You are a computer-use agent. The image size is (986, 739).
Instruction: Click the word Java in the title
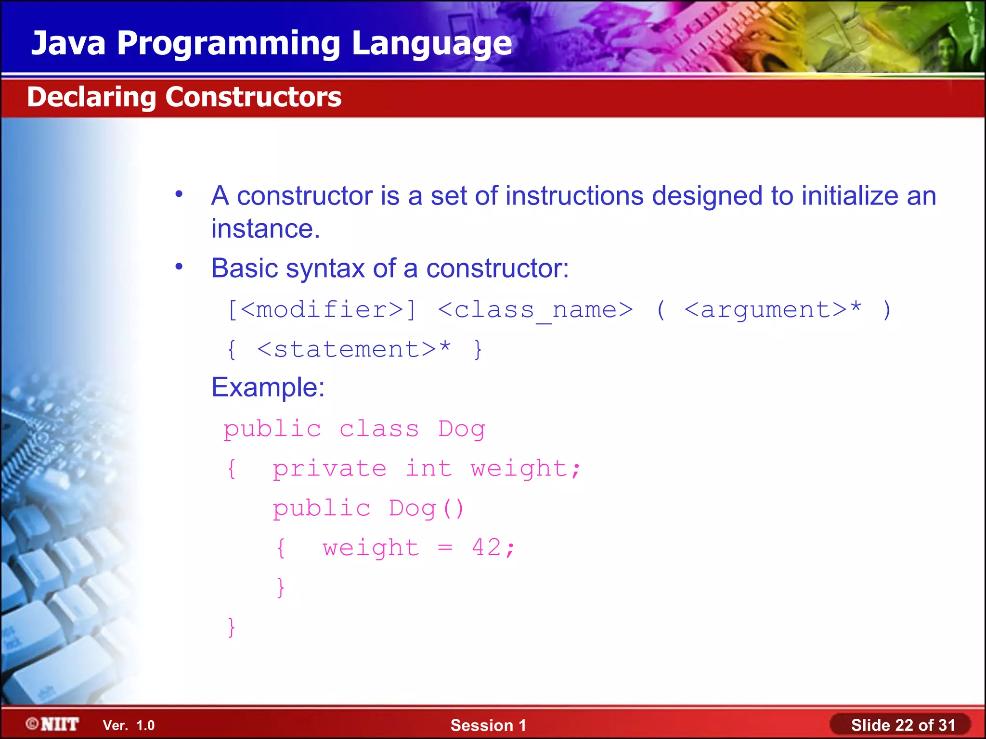pos(68,43)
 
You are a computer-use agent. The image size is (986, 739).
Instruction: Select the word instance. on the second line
pos(265,229)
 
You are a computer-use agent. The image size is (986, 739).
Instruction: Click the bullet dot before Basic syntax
pos(179,266)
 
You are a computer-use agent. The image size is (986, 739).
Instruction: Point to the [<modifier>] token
pos(321,309)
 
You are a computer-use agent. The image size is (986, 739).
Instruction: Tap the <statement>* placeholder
pos(354,349)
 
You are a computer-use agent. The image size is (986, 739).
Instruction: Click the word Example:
pos(268,387)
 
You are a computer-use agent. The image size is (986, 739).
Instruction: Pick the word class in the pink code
pos(379,429)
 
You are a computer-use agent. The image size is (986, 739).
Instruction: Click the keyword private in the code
pos(329,469)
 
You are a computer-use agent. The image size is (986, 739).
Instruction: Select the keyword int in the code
pos(428,468)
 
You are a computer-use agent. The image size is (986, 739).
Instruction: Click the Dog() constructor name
pos(426,509)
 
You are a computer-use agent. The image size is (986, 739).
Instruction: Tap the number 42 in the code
pos(486,548)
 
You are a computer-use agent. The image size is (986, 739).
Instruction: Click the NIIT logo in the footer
pos(52,724)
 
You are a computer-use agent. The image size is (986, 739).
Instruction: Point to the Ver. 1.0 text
pos(129,726)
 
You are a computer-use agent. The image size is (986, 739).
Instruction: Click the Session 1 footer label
pos(488,725)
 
